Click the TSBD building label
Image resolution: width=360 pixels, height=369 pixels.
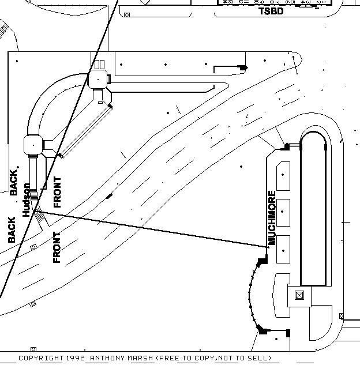[x=271, y=11]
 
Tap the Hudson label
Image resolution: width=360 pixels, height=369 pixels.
[x=27, y=200]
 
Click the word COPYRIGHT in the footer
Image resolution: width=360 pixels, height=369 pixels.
[x=41, y=358]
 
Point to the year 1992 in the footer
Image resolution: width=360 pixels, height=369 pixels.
[x=76, y=358]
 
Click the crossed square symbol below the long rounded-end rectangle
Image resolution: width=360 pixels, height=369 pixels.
[x=299, y=296]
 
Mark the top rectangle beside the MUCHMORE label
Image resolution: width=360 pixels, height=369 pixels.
[x=283, y=176]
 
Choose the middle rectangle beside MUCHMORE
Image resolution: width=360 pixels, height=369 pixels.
[x=283, y=213]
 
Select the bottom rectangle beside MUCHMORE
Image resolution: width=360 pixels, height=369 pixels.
[x=283, y=249]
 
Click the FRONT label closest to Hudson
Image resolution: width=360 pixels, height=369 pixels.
[x=57, y=192]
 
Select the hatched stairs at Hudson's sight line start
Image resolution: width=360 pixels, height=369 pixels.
[x=40, y=217]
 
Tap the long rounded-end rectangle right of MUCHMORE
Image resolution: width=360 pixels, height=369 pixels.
[x=315, y=208]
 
